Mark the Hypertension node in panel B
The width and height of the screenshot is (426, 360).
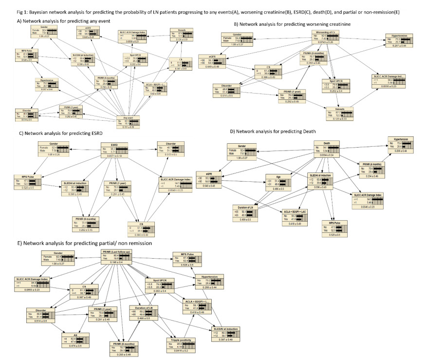pyautogui.click(x=399, y=39)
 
